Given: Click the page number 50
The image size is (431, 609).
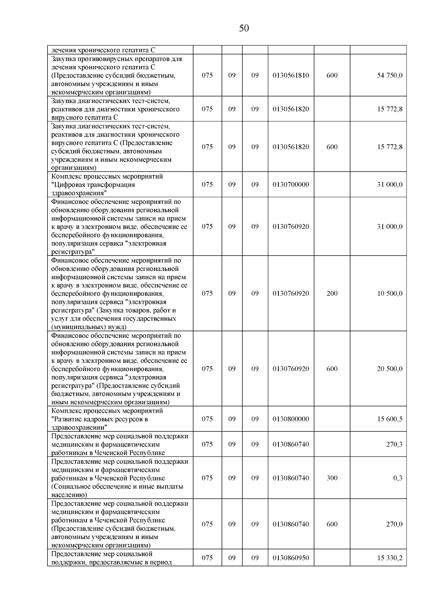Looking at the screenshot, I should point(244,28).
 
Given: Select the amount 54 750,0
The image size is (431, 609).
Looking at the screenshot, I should point(389,75).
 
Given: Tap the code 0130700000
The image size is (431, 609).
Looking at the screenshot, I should point(291,184).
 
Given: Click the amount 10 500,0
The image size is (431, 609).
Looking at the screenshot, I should point(389,293).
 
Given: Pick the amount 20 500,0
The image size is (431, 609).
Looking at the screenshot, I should point(389,369).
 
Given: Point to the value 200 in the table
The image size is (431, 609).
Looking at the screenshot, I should point(332,293).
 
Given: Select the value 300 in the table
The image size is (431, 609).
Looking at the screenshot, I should point(332,478).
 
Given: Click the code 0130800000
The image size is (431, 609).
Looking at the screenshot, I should point(291,419).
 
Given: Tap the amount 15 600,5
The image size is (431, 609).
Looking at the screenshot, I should point(389,419).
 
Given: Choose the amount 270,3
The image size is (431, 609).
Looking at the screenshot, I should point(394,444).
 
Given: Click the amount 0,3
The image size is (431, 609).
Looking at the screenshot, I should point(398,478).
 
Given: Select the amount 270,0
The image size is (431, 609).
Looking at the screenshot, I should point(394,524).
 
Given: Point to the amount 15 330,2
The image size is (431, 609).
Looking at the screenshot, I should point(389,558).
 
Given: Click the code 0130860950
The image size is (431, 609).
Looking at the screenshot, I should point(291,558).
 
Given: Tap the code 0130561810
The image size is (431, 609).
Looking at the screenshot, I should point(291,75).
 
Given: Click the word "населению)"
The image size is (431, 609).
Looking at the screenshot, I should point(69,495).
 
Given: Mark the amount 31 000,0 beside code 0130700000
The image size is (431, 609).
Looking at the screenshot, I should point(389,184).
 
